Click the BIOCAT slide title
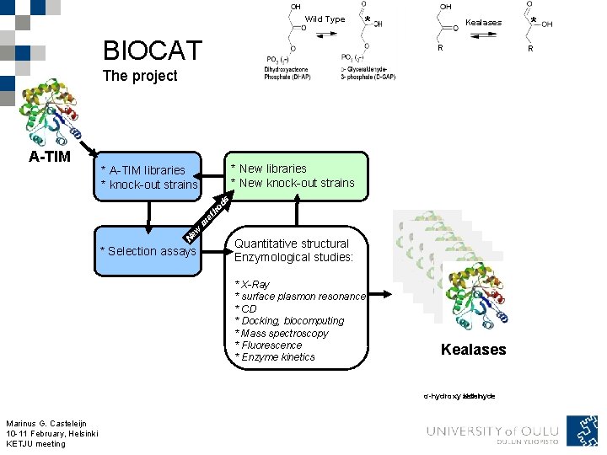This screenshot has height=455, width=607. pos(152,51)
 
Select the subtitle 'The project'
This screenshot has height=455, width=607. pos(139,76)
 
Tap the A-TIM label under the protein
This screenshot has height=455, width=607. pos(50,157)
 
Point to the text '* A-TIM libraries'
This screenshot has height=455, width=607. pos(142,170)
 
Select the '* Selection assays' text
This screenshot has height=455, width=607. pos(148,251)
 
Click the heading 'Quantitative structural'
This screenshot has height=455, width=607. pos(291,244)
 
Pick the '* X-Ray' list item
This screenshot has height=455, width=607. pos(252,285)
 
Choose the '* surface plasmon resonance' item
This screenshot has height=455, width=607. pos(299,297)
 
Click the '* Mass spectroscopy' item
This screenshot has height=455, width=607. pos(282,333)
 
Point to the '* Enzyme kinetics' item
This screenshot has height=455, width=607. pos(275,357)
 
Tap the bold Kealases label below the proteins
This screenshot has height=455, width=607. pos(473,350)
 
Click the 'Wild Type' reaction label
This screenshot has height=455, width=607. pos(325,19)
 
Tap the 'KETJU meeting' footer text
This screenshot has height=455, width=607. pos(35,444)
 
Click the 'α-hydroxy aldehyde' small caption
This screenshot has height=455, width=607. pos(459,396)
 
